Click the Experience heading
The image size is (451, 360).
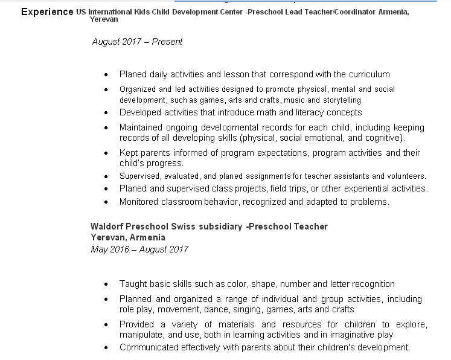pyautogui.click(x=47, y=11)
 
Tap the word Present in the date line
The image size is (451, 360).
pyautogui.click(x=167, y=42)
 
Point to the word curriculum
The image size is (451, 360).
pyautogui.click(x=367, y=75)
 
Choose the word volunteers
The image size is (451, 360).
pyautogui.click(x=406, y=176)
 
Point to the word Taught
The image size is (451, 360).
pyautogui.click(x=132, y=284)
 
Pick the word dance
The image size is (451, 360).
pyautogui.click(x=230, y=309)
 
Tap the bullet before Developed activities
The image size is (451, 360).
pyautogui.click(x=106, y=113)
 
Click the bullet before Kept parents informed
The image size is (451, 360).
pyautogui.click(x=106, y=153)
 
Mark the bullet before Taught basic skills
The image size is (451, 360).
pyautogui.click(x=106, y=284)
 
